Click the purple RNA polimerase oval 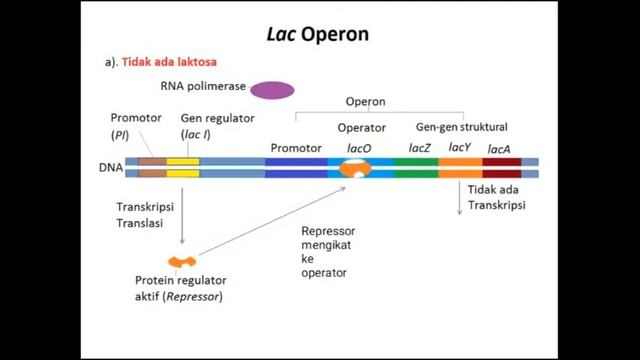point(272,90)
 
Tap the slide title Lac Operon point(319,34)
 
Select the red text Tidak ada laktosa point(169,62)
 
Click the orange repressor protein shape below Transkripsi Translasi point(182,262)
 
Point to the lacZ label point(420,148)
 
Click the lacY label point(460,148)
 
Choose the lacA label point(498,149)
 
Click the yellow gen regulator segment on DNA point(183,166)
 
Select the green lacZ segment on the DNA point(416,166)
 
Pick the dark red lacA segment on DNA point(502,166)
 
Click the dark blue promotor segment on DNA point(297,166)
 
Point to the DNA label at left point(111,168)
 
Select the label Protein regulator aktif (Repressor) point(180,288)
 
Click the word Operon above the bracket point(365,102)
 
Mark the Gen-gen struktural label point(461,127)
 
